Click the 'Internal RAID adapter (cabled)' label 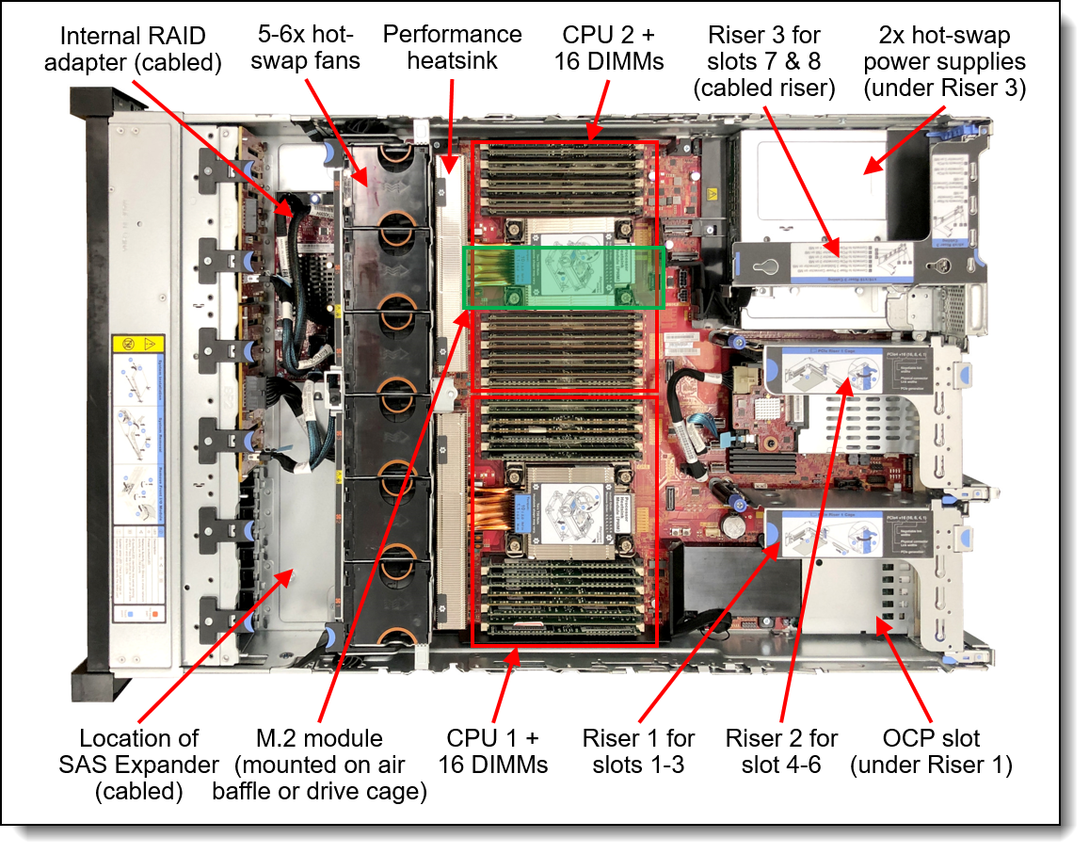(x=141, y=49)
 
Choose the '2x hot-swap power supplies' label (x=944, y=61)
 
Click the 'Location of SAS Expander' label (x=138, y=764)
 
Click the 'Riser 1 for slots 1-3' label (x=638, y=751)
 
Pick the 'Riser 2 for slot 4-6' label (x=781, y=751)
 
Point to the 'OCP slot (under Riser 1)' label (x=931, y=751)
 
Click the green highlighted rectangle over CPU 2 (x=565, y=278)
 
